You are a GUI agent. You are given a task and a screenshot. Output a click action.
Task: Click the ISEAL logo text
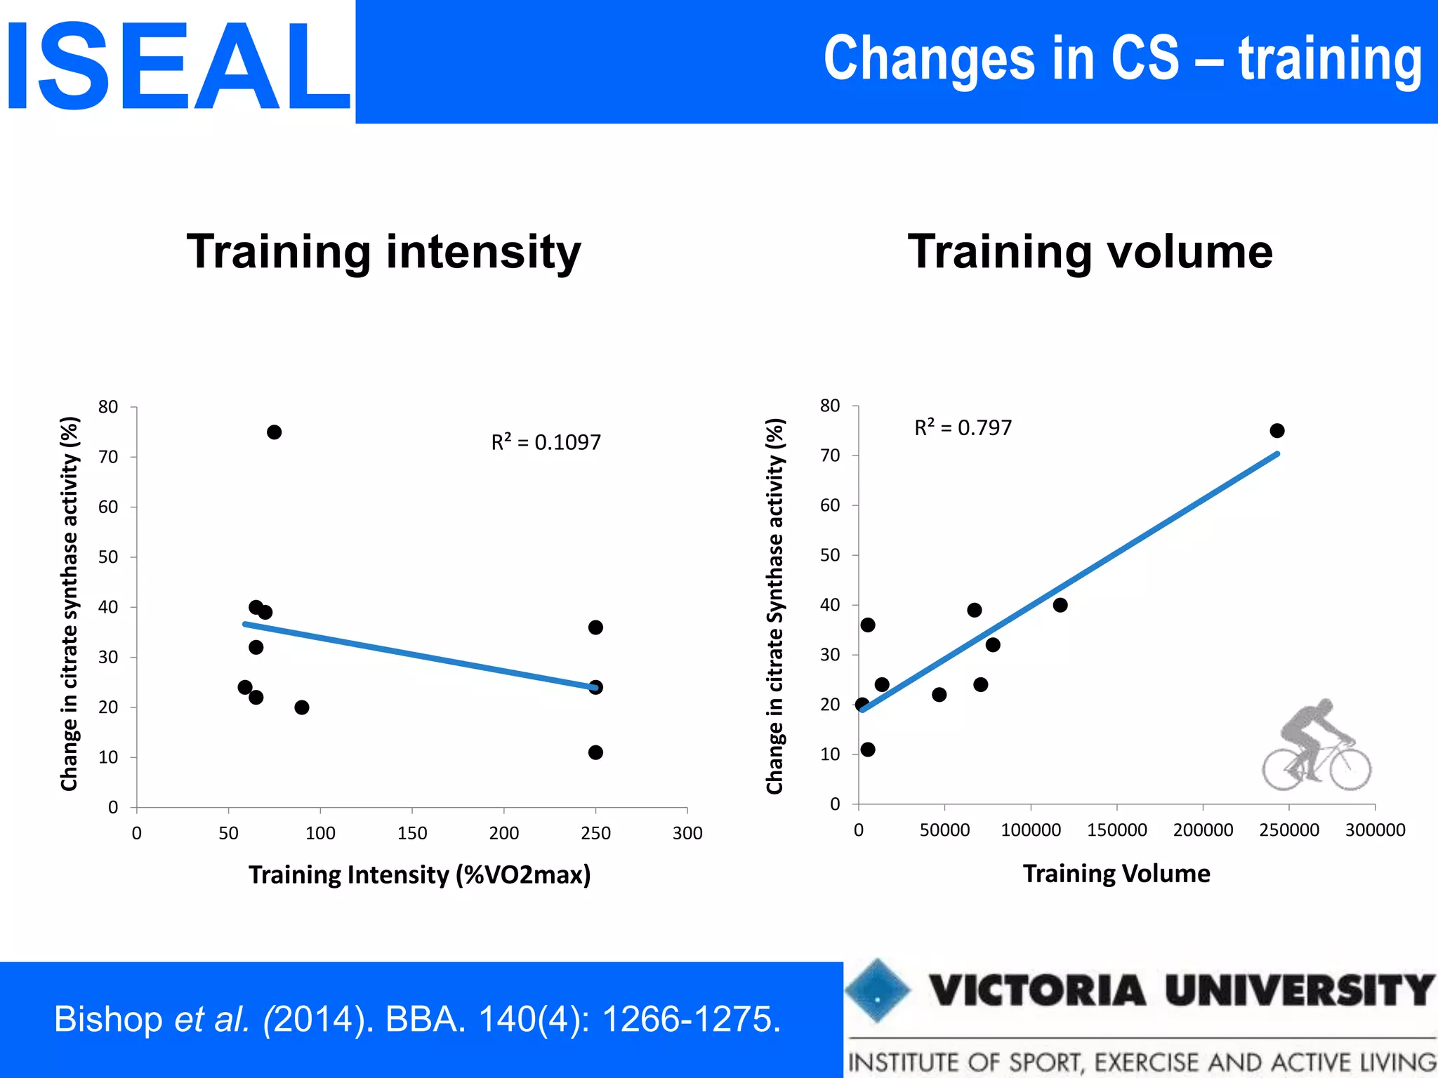pos(177,66)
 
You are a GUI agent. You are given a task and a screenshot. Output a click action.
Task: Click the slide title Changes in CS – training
pos(1121,59)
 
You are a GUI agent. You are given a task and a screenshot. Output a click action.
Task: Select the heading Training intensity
pos(383,252)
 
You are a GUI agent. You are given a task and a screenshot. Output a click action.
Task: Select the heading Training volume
pos(1090,252)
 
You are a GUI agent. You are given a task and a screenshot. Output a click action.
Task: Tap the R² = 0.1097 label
pos(546,442)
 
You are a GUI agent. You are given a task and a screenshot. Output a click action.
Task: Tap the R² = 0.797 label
pos(963,427)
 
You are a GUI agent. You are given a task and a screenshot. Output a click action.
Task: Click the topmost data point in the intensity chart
pos(275,432)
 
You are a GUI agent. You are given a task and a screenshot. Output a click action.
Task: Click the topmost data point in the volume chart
pos(1277,431)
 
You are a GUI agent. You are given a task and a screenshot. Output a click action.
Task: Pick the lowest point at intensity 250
pos(595,752)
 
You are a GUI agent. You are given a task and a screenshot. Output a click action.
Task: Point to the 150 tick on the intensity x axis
pos(412,833)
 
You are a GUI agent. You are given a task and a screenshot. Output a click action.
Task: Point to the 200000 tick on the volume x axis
pos(1203,830)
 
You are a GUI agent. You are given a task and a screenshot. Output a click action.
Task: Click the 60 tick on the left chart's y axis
pos(108,507)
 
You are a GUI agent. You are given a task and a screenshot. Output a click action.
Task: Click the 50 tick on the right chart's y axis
pos(830,555)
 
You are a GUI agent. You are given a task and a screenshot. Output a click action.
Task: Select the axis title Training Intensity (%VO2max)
pos(419,875)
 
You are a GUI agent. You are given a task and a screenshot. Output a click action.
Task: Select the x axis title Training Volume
pos(1116,874)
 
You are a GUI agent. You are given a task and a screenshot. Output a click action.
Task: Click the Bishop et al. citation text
pos(417,1019)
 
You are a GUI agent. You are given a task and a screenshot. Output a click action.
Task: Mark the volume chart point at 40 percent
pos(1060,605)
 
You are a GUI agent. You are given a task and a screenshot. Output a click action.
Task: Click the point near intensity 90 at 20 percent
pos(302,707)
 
